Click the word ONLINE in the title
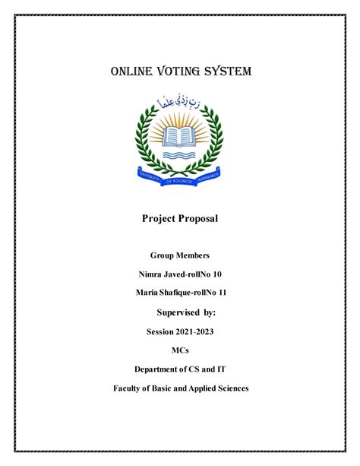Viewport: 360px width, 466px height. pyautogui.click(x=134, y=72)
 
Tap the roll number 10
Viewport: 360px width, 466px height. pyautogui.click(x=216, y=274)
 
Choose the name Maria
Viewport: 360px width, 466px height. pyautogui.click(x=146, y=293)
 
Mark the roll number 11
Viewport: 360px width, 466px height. pyautogui.click(x=222, y=293)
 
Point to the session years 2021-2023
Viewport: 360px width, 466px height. pyautogui.click(x=196, y=332)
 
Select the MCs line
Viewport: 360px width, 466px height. pyautogui.click(x=180, y=351)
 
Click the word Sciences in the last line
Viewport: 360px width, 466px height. pyautogui.click(x=230, y=388)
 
